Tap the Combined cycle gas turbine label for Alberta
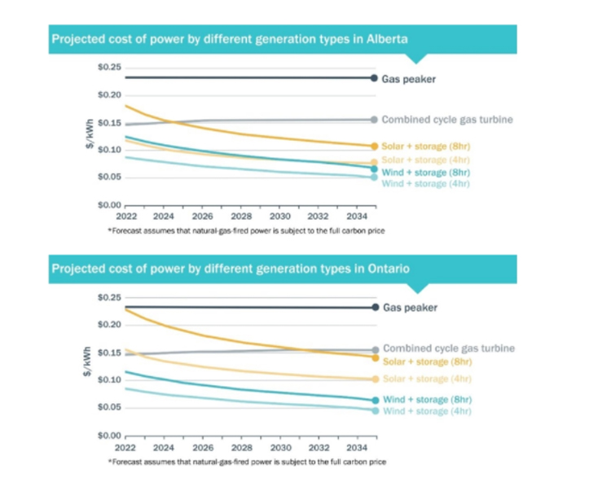447,120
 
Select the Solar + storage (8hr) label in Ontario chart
427,361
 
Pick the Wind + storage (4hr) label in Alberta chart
426,184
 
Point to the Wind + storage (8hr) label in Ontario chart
427,400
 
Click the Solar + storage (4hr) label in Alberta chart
426,160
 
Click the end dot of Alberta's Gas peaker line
374,78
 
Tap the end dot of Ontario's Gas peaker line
375,308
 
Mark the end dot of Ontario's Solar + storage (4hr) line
375,379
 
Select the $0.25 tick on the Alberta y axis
109,67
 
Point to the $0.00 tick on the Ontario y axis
109,436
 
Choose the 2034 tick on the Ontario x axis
355,449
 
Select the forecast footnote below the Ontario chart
247,462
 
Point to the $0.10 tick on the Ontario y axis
109,380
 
